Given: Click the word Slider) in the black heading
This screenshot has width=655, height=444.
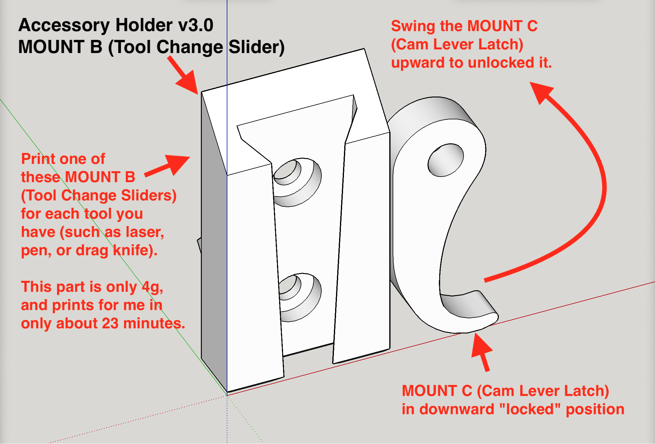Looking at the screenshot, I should [x=257, y=47].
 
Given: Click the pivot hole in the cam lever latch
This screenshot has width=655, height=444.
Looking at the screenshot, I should [x=445, y=160].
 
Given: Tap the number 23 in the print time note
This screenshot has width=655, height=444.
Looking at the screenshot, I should [x=110, y=323].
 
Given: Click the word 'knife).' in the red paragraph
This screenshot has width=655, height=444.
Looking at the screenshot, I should [x=135, y=250].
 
